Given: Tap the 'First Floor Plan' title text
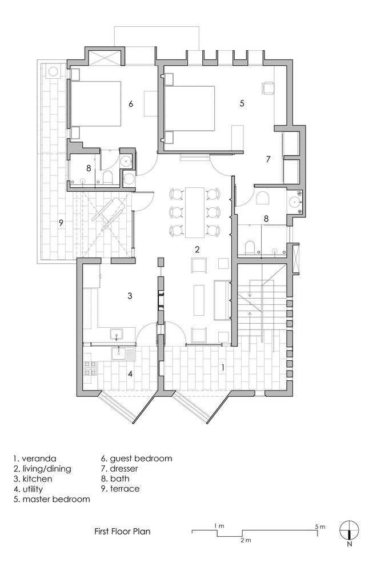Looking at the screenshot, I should click(x=122, y=530).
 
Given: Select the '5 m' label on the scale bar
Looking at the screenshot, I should click(x=319, y=525).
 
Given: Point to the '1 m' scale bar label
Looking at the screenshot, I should click(x=218, y=525).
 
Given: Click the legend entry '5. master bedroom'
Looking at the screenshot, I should click(x=51, y=500).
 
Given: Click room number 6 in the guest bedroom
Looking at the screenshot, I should click(x=131, y=104).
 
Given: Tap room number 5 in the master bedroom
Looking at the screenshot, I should click(x=242, y=103).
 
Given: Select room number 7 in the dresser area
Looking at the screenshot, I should click(x=268, y=159).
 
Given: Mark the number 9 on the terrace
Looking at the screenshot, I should click(x=61, y=223).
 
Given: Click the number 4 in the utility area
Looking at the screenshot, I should click(x=130, y=375).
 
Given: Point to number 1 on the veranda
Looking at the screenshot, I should click(x=223, y=368).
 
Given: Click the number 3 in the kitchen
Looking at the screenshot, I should click(x=130, y=296).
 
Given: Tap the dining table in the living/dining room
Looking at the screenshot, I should click(x=195, y=212).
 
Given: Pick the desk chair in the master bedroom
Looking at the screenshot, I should click(x=268, y=87).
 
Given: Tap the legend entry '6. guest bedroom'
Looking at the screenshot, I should click(x=137, y=458).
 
